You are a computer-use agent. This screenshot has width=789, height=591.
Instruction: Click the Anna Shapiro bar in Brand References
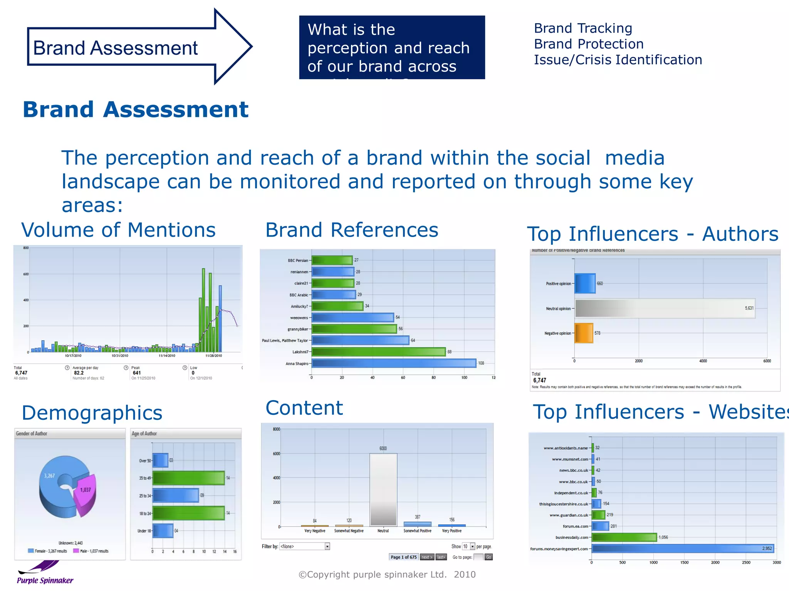394,363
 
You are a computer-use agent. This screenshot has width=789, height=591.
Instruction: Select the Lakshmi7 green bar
378,352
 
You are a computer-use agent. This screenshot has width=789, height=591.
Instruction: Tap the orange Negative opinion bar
584,333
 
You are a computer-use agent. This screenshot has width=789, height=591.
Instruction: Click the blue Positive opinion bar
585,284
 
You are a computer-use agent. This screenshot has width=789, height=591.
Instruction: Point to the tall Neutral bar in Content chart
383,489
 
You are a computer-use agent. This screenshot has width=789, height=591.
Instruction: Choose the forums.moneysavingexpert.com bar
682,549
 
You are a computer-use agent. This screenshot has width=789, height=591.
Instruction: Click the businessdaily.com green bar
624,538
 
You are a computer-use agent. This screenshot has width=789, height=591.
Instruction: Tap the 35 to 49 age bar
188,478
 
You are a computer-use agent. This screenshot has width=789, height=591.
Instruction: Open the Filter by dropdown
305,546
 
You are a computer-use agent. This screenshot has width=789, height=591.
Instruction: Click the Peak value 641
137,373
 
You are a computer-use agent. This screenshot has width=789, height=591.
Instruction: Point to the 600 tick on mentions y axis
26,274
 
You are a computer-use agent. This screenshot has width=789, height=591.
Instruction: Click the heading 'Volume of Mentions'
118,230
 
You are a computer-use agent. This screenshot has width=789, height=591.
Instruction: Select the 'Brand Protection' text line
589,44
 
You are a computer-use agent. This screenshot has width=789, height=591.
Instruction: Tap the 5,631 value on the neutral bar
749,308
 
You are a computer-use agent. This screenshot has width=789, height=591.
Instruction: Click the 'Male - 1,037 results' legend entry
91,551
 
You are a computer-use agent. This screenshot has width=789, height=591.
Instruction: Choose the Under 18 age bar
163,531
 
